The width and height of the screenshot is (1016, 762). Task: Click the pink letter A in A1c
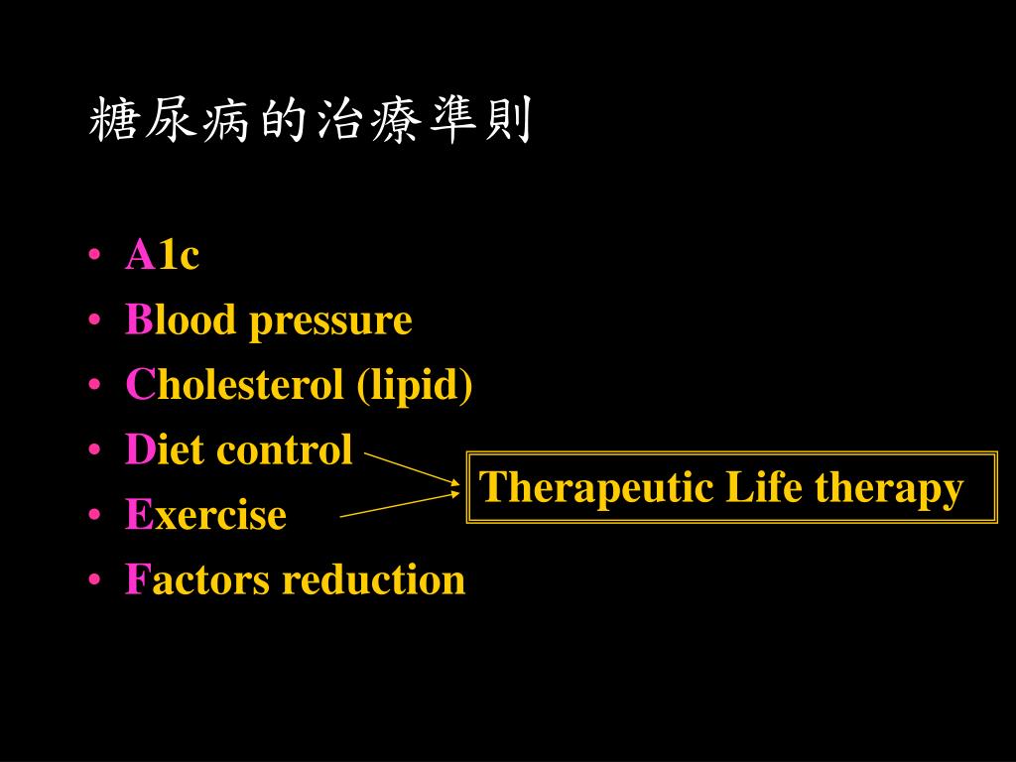[139, 256]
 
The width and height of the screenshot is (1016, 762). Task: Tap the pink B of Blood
[138, 320]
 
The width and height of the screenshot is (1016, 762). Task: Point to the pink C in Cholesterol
[139, 385]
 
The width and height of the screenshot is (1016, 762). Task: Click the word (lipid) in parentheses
[415, 386]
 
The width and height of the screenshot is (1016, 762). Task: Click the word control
[284, 449]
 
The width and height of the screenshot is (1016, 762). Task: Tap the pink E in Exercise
[137, 515]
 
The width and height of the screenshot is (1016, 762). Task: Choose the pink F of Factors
[135, 579]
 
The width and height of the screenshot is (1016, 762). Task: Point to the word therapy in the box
[889, 489]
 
